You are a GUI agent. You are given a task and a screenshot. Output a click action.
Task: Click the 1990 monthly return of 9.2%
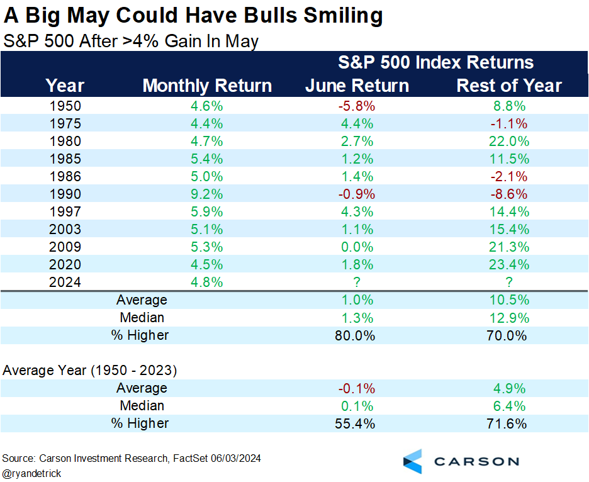[x=207, y=194]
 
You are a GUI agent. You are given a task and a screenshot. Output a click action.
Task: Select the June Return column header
[x=357, y=86]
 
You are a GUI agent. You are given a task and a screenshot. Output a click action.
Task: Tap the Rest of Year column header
[x=509, y=86]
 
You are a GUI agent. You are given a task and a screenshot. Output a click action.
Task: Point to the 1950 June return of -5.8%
[x=357, y=106]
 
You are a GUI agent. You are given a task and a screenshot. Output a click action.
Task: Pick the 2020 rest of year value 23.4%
[x=509, y=265]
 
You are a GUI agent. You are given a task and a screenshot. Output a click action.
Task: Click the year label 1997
[x=65, y=212]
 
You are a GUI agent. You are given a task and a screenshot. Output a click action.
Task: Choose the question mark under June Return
[x=357, y=283]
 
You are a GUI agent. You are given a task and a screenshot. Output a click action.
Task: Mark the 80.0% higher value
[x=357, y=335]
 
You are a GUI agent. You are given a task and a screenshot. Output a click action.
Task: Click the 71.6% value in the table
[x=509, y=423]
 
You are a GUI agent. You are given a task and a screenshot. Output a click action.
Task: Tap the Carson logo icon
[x=413, y=461]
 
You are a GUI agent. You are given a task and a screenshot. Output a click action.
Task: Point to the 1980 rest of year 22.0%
[x=509, y=142]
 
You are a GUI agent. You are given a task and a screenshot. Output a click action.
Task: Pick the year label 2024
[x=65, y=283]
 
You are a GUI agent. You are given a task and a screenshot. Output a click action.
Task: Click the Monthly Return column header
[x=207, y=86]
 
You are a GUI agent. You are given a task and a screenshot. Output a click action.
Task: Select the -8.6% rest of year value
[x=509, y=194]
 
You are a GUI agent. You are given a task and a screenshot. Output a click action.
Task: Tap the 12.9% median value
[x=509, y=318]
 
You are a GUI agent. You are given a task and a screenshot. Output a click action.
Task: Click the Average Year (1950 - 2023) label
[x=89, y=371]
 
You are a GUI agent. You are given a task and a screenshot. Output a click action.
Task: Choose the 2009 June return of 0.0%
[x=357, y=247]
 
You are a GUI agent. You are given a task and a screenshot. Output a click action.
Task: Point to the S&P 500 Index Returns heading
[x=435, y=62]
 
